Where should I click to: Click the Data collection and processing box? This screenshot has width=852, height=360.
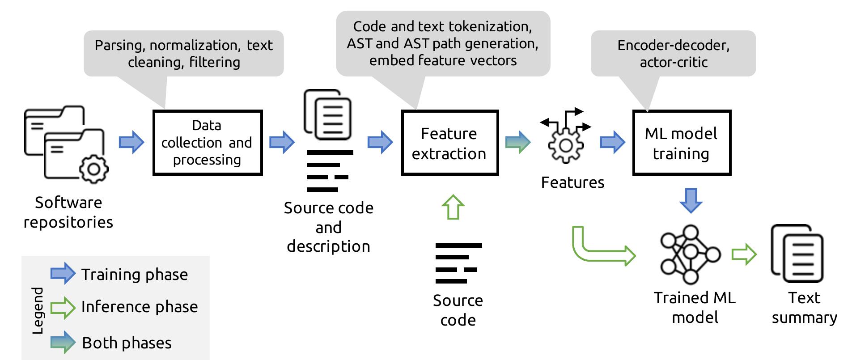207,142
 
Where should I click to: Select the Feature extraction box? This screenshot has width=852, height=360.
449,143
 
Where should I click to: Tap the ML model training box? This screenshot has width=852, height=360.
681,143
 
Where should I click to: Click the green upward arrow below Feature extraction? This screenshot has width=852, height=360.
453,207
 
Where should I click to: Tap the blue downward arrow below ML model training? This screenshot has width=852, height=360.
691,200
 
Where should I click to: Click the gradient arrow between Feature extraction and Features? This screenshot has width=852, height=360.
517,142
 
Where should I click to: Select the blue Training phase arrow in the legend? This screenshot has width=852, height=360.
63,273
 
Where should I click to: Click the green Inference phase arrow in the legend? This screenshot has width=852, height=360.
63,307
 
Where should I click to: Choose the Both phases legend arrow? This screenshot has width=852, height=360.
63,342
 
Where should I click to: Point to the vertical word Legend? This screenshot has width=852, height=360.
38,310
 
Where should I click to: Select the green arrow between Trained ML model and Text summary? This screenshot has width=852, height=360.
743,254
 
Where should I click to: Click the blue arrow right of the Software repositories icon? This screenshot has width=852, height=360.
131,142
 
